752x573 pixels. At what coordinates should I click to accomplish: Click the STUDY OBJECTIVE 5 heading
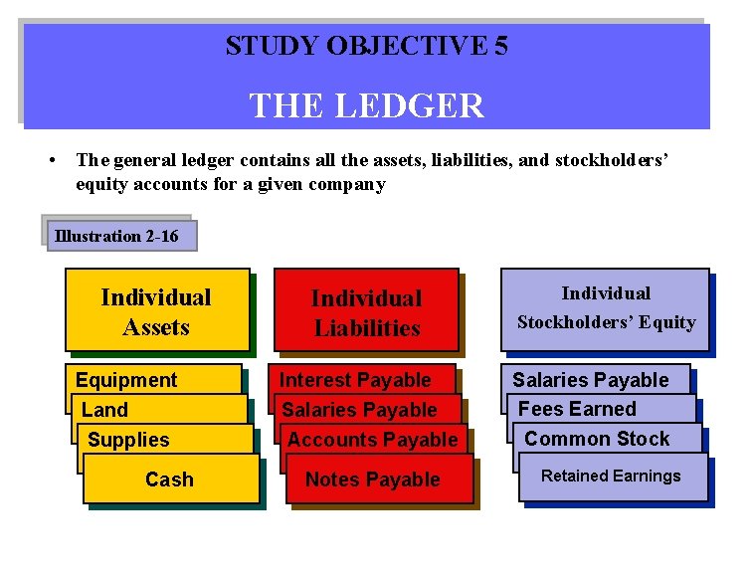[x=366, y=46]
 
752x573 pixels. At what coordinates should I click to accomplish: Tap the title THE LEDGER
[x=366, y=104]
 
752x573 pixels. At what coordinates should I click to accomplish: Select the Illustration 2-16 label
[x=117, y=236]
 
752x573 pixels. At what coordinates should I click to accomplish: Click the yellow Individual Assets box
[x=156, y=311]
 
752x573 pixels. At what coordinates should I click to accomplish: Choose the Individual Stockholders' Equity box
[x=605, y=308]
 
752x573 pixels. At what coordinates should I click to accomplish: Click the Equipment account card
[x=126, y=380]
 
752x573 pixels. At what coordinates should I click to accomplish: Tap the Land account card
[x=105, y=410]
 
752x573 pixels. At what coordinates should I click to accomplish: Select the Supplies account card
[x=129, y=440]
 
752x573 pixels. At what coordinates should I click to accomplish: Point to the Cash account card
[x=170, y=479]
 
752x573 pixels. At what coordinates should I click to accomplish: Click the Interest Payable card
[x=355, y=380]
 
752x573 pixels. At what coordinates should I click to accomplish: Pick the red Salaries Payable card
[x=360, y=410]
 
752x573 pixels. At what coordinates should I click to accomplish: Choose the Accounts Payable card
[x=373, y=440]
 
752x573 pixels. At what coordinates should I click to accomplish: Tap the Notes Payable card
[x=373, y=479]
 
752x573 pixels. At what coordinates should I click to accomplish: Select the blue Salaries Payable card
[x=591, y=380]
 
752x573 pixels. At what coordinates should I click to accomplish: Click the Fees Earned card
[x=577, y=409]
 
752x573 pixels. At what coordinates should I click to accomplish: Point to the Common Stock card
[x=597, y=439]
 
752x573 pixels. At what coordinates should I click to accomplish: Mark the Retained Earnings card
[x=611, y=477]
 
